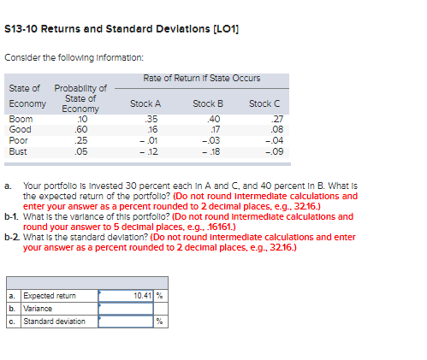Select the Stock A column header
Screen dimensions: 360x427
(x=145, y=103)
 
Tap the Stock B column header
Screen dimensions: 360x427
(x=208, y=103)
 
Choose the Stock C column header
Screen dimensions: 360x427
(x=264, y=103)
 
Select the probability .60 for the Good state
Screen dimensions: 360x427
(x=82, y=128)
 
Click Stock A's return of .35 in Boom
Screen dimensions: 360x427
(x=152, y=118)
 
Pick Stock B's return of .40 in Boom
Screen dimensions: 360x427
(x=214, y=118)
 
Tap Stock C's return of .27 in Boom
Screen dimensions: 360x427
(x=276, y=118)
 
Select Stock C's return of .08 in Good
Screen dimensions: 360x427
(x=276, y=128)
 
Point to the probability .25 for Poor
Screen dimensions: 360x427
(x=82, y=139)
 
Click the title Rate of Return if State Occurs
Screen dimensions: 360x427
(x=202, y=78)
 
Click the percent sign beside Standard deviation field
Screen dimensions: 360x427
(x=159, y=322)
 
